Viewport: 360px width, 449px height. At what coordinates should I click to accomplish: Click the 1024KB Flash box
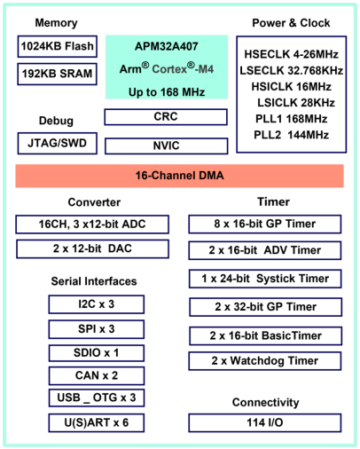pyautogui.click(x=58, y=46)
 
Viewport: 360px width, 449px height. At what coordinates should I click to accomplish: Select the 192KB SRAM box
pyautogui.click(x=58, y=74)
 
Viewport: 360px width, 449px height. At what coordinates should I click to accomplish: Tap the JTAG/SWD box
pyautogui.click(x=58, y=144)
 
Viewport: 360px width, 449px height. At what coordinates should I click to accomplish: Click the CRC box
pyautogui.click(x=166, y=117)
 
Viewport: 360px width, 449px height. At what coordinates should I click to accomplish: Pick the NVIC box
pyautogui.click(x=167, y=146)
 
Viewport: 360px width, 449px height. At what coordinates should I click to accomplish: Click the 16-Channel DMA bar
pyautogui.click(x=179, y=176)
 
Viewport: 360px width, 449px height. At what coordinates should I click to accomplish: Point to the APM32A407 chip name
pyautogui.click(x=167, y=46)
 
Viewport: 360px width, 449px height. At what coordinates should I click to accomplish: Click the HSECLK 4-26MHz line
pyautogui.click(x=291, y=54)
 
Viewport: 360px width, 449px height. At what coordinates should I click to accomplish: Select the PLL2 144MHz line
pyautogui.click(x=291, y=135)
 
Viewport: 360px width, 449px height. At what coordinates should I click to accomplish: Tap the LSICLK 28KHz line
pyautogui.click(x=296, y=103)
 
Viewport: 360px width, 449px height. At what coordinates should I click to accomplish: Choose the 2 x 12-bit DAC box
pyautogui.click(x=92, y=248)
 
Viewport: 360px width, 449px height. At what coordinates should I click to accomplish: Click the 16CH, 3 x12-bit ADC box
pyautogui.click(x=92, y=224)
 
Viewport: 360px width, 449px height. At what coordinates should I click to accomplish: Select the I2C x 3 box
pyautogui.click(x=97, y=304)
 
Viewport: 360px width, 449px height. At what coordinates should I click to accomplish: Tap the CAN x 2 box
pyautogui.click(x=97, y=375)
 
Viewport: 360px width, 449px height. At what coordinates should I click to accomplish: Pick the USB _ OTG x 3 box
pyautogui.click(x=97, y=398)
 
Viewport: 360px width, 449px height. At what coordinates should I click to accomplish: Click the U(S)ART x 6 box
pyautogui.click(x=97, y=423)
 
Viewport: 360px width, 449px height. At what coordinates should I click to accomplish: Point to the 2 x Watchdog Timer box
pyautogui.click(x=265, y=361)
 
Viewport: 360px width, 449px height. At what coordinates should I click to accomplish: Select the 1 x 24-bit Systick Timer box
pyautogui.click(x=265, y=279)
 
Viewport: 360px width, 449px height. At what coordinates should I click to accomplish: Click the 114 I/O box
pyautogui.click(x=265, y=422)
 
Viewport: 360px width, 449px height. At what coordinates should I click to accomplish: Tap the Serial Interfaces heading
pyautogui.click(x=94, y=281)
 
